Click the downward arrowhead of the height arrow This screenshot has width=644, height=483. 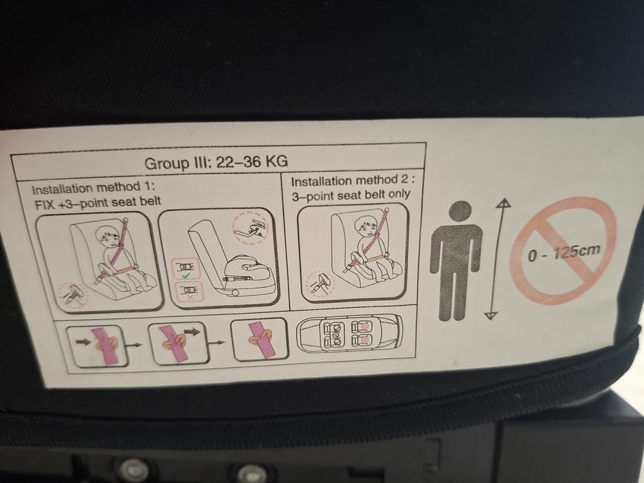491,315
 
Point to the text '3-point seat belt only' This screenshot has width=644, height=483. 350,195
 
